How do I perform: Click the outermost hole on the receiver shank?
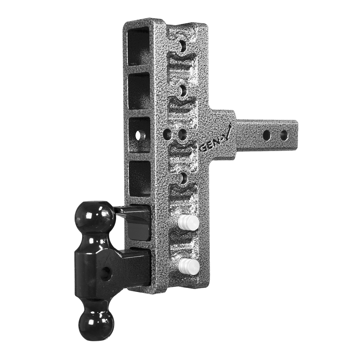point(284,135)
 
